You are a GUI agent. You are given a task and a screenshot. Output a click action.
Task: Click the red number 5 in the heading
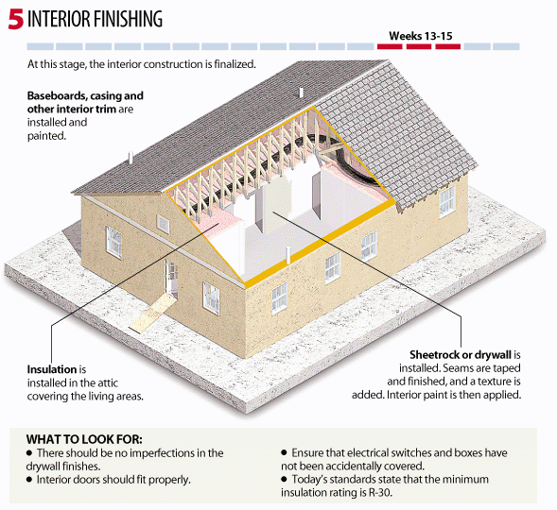(x=16, y=19)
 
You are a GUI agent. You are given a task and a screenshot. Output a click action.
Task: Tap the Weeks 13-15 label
(x=420, y=36)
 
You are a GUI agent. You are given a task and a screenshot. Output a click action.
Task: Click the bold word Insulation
(x=52, y=369)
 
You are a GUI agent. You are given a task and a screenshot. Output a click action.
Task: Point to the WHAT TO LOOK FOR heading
(x=84, y=439)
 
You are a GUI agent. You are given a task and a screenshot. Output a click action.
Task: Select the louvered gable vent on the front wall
(x=163, y=224)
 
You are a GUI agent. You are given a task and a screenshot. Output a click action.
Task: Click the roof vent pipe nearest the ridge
(x=301, y=93)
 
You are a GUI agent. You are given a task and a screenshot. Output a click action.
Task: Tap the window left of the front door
(x=114, y=243)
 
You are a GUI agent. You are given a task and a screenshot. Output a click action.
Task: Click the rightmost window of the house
(x=447, y=201)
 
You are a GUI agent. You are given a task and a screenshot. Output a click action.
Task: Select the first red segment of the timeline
(x=390, y=46)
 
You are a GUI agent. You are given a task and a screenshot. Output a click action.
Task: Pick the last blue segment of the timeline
(x=506, y=46)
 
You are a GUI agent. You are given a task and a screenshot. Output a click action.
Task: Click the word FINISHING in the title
(x=129, y=19)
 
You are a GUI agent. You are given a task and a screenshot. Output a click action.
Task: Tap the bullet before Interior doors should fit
(x=29, y=480)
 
